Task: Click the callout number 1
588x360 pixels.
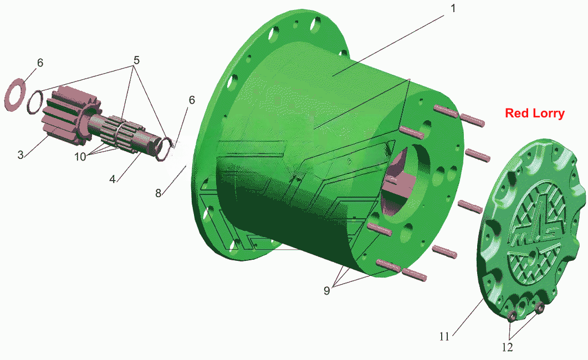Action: coord(453,8)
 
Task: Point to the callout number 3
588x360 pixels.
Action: coord(21,155)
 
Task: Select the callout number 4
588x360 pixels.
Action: coord(113,179)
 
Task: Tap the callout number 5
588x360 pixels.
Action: coord(136,60)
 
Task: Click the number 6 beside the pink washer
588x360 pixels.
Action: coord(40,63)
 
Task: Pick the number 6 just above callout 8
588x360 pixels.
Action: coord(192,100)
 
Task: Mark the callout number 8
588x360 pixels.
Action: coord(158,193)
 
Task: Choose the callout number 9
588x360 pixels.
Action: coord(327,290)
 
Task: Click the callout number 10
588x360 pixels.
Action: coord(80,157)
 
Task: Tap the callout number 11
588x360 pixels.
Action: coord(444,336)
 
